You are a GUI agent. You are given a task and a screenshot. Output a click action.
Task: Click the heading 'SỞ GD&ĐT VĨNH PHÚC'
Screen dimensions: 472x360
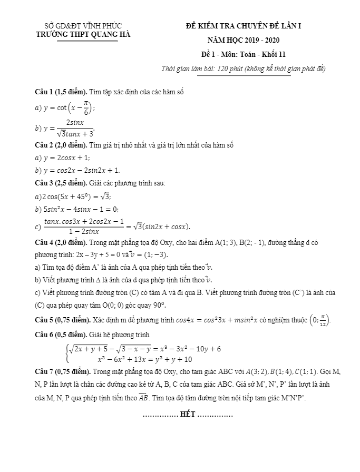click(83, 25)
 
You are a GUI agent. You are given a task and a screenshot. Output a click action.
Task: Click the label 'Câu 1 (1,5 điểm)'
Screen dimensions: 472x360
click(61, 92)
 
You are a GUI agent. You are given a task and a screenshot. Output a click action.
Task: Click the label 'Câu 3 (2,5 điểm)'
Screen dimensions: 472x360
click(61, 183)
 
